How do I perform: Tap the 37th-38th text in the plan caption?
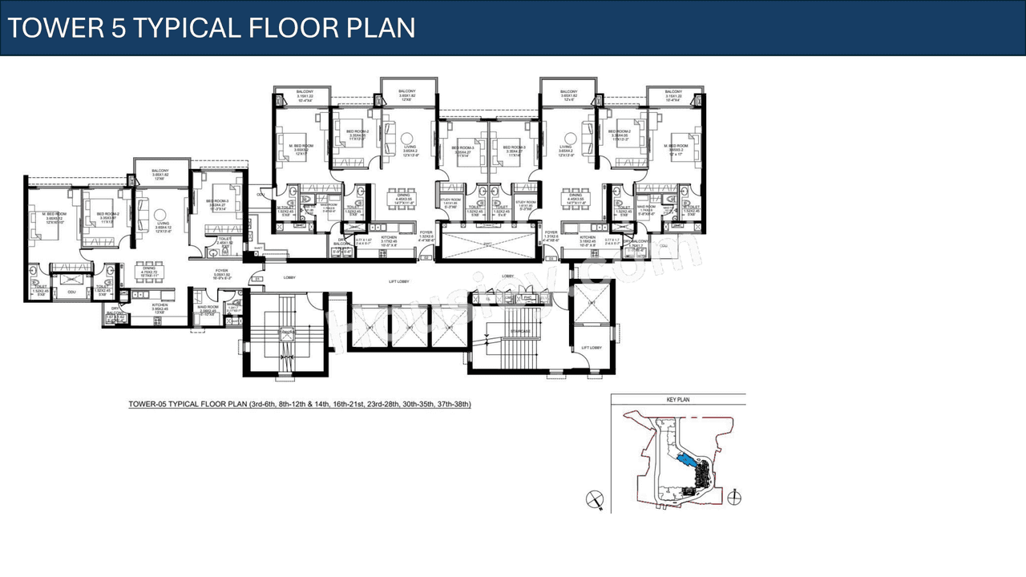(450, 405)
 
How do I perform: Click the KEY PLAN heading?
(677, 399)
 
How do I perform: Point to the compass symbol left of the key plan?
(594, 500)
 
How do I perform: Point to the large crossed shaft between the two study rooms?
(487, 244)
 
